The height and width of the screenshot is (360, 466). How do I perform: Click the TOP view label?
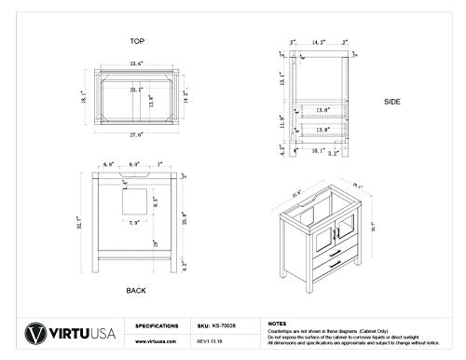[138, 42]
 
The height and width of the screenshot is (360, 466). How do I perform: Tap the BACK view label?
[137, 291]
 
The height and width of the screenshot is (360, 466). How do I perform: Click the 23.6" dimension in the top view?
[137, 64]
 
